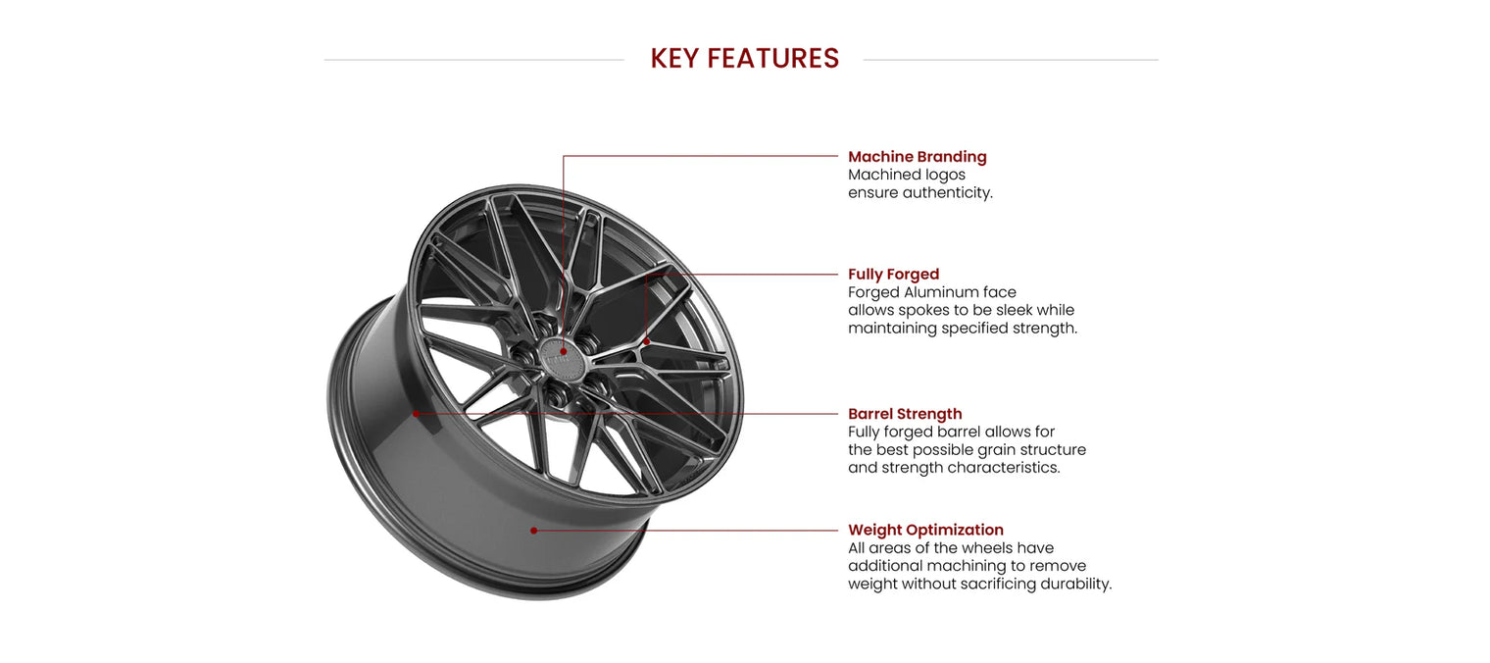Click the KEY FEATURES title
pos(744,59)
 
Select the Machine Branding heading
pos(918,156)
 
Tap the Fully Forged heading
pos(893,274)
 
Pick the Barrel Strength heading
pos(905,413)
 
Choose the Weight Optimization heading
pos(926,530)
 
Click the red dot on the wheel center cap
pos(564,351)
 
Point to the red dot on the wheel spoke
pos(647,341)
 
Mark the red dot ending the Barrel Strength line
pos(416,414)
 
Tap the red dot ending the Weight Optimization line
pos(533,531)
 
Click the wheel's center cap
pos(564,358)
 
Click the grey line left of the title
pos(474,60)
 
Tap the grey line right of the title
pos(1011,60)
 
